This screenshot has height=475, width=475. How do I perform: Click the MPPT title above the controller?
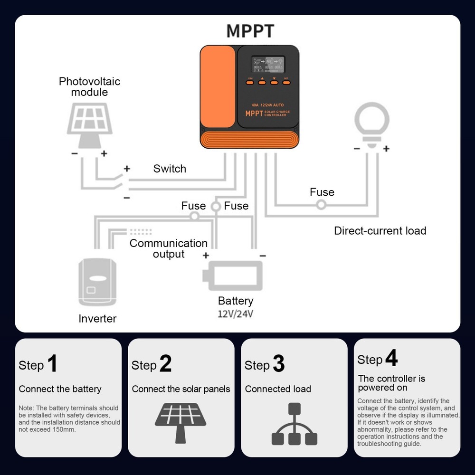[x=250, y=31]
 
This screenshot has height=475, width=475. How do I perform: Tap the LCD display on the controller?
[x=268, y=64]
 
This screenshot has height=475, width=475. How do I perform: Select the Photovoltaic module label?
[x=89, y=86]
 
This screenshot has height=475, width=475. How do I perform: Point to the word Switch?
[x=170, y=169]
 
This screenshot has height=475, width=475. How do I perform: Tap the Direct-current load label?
[x=380, y=231]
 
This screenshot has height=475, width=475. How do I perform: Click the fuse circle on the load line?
[x=322, y=205]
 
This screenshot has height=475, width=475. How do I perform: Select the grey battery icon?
[x=232, y=276]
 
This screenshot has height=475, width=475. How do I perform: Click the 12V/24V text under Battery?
[x=236, y=314]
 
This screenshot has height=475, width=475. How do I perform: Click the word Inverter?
[x=97, y=319]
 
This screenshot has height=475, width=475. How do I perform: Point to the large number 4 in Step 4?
[x=391, y=359]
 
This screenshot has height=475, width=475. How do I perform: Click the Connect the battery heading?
[x=60, y=389]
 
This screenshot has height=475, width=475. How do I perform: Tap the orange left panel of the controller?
[x=218, y=88]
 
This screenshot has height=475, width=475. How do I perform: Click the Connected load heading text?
[x=278, y=389]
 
